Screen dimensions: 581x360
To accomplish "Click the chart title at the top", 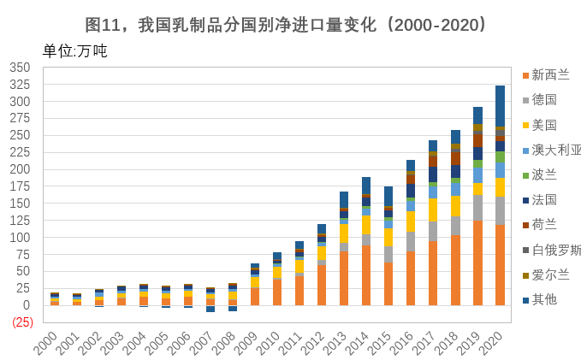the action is pyautogui.click(x=285, y=25).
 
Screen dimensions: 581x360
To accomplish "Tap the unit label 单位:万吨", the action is pyautogui.click(x=74, y=51).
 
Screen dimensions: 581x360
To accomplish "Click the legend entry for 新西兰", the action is pyautogui.click(x=546, y=74).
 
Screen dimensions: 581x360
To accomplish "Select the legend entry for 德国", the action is pyautogui.click(x=540, y=100).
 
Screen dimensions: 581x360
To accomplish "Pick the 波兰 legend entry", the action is pyautogui.click(x=540, y=174).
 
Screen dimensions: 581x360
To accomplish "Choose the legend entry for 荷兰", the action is pyautogui.click(x=540, y=224).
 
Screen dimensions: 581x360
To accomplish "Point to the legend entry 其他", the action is pyautogui.click(x=540, y=299).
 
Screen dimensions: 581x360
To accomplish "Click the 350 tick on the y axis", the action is pyautogui.click(x=20, y=68).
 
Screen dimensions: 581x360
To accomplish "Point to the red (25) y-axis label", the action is pyautogui.click(x=22, y=322).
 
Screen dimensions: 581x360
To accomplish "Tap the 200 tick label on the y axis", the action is pyautogui.click(x=20, y=169).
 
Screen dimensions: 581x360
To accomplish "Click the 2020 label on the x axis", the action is pyautogui.click(x=490, y=343).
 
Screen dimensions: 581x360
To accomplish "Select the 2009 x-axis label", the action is pyautogui.click(x=246, y=343).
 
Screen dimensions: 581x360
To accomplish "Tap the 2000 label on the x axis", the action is pyautogui.click(x=45, y=343).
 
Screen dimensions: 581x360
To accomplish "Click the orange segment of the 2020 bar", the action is pyautogui.click(x=500, y=265).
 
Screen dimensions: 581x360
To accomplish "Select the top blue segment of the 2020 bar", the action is pyautogui.click(x=500, y=106).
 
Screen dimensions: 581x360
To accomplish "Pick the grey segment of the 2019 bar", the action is pyautogui.click(x=477, y=208).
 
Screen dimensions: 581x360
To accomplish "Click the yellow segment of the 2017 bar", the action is pyautogui.click(x=433, y=210).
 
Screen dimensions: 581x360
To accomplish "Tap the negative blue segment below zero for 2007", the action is pyautogui.click(x=210, y=309).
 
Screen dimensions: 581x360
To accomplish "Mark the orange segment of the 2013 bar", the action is pyautogui.click(x=344, y=279).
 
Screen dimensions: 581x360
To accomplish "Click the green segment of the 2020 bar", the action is pyautogui.click(x=500, y=157).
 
